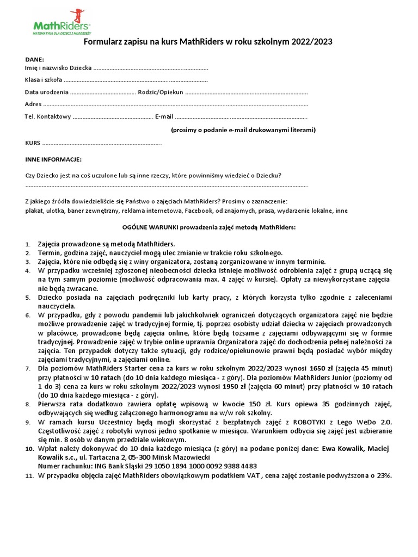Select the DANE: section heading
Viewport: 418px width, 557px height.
pyautogui.click(x=35, y=59)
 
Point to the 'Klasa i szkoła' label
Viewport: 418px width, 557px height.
pyautogui.click(x=44, y=81)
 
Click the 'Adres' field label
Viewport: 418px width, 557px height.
pyautogui.click(x=33, y=104)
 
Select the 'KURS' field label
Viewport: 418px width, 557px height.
pyautogui.click(x=33, y=143)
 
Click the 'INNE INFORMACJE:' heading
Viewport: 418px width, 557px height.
pyautogui.click(x=53, y=159)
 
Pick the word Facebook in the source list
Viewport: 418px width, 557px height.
pyautogui.click(x=200, y=211)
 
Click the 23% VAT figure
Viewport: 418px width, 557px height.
pyautogui.click(x=385, y=475)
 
